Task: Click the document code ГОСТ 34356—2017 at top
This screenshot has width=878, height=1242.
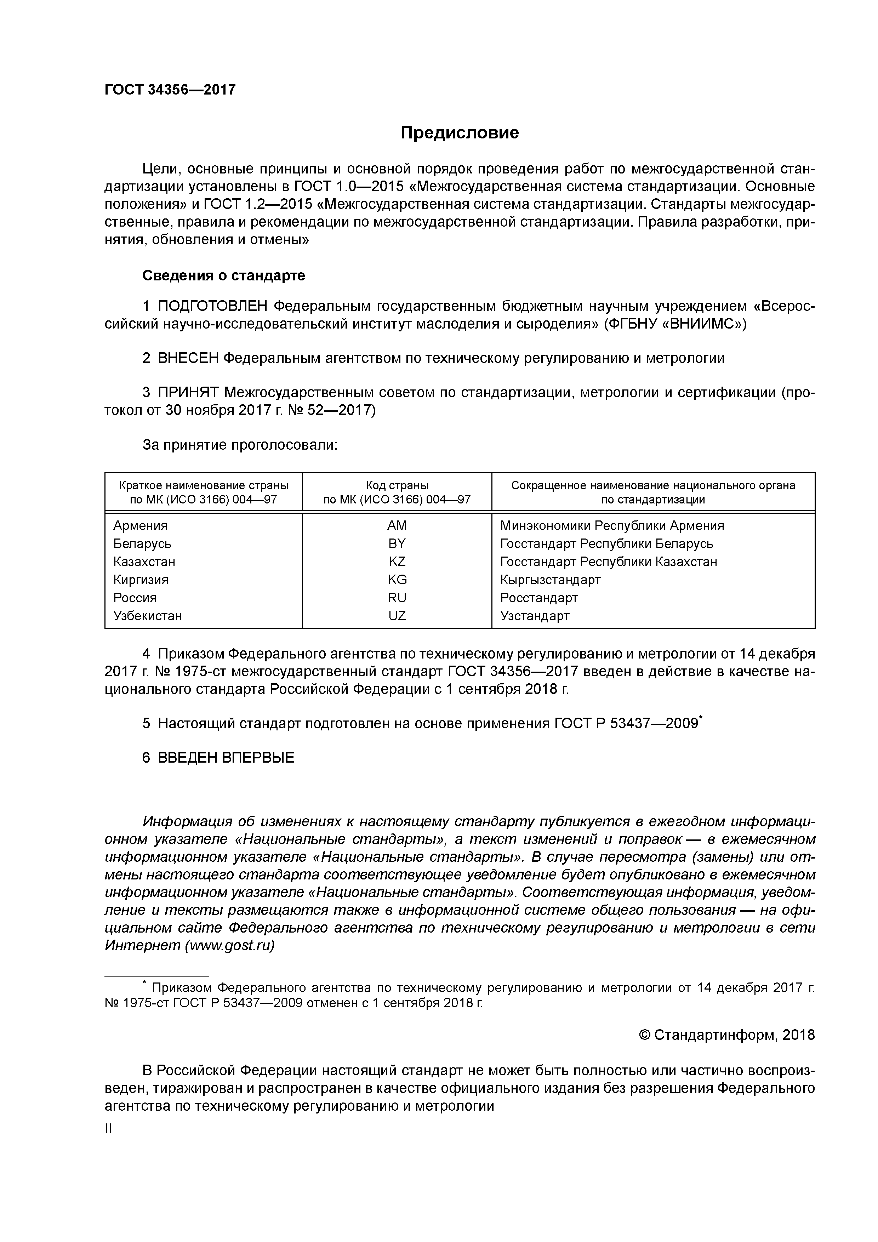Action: [170, 89]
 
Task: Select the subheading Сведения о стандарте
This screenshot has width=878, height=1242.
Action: [223, 275]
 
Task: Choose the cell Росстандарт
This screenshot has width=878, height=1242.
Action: [539, 598]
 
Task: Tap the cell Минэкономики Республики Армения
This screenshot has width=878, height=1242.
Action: [612, 525]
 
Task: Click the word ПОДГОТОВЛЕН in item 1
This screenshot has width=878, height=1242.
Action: [213, 306]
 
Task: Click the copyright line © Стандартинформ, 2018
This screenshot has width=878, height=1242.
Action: [726, 1035]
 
